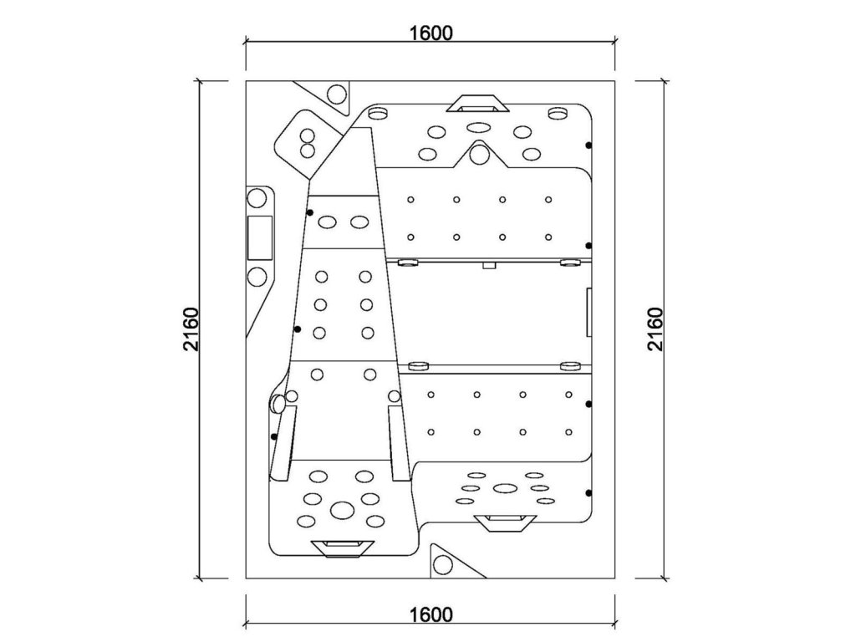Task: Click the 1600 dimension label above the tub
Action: point(431,33)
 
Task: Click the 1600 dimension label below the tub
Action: point(431,615)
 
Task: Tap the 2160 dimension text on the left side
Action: point(191,329)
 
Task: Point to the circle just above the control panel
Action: point(257,200)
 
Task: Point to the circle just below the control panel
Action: point(257,276)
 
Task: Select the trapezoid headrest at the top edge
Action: point(478,104)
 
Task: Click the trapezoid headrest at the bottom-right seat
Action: point(504,522)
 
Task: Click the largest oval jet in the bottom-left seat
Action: point(341,508)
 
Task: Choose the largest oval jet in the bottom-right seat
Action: point(504,488)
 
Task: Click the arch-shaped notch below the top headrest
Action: point(479,154)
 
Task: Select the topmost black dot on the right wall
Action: point(589,145)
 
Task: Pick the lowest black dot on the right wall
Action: point(589,492)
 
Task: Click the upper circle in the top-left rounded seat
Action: point(306,136)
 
